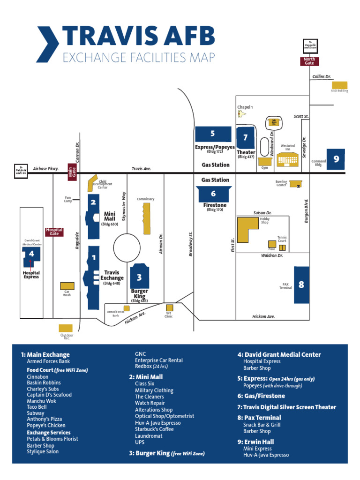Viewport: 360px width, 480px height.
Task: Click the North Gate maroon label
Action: (309, 61)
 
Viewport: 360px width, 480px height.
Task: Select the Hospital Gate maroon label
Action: (54, 232)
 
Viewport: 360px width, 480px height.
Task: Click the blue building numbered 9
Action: (336, 160)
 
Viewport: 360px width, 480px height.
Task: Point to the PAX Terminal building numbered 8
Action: (301, 284)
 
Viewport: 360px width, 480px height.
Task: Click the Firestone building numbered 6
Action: (213, 194)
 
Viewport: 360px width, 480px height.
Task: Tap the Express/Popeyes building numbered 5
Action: (213, 134)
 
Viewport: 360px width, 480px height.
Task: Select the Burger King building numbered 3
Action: (139, 277)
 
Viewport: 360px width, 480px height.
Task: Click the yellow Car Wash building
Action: (67, 286)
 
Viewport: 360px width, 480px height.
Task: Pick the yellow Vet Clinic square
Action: (169, 307)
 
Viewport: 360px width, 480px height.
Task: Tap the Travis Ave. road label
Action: (142, 168)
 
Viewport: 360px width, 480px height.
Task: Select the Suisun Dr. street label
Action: (262, 212)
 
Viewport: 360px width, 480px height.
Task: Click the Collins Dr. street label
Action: (322, 76)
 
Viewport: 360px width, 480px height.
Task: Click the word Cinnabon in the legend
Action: (37, 376)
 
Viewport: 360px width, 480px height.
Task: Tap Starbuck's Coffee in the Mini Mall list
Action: (154, 429)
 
